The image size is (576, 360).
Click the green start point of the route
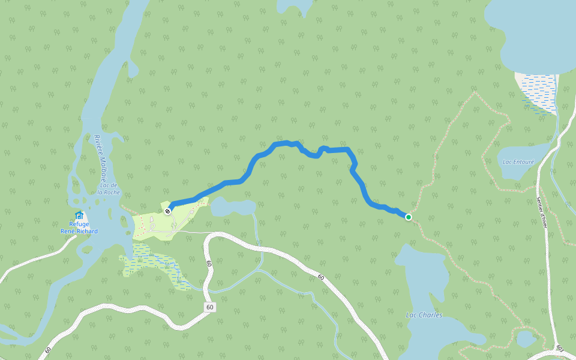[x=409, y=217]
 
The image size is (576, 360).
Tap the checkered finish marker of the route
[x=168, y=211]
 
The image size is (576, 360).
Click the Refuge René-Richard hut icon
[x=79, y=215]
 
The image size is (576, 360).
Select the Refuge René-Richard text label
[x=79, y=227]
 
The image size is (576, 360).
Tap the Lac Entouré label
[x=518, y=162]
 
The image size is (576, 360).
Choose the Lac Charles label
[x=424, y=315]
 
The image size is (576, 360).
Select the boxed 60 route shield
[x=209, y=307]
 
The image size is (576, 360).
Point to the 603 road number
[x=559, y=349]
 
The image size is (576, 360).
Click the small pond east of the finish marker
[x=233, y=207]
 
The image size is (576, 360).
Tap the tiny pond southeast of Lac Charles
[x=526, y=339]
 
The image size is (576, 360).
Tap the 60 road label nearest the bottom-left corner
[x=47, y=350]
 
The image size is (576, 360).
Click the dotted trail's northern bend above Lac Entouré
[x=475, y=94]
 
